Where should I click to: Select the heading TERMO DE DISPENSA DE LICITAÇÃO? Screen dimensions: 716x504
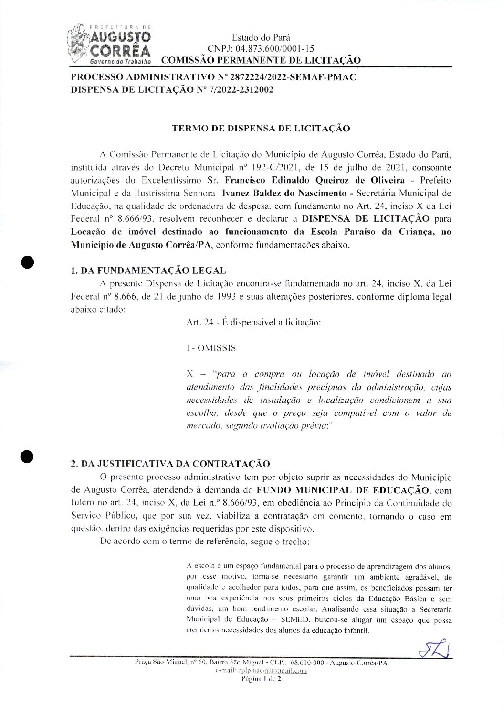click(x=261, y=129)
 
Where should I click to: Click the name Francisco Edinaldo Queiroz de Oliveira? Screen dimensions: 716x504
click(x=315, y=180)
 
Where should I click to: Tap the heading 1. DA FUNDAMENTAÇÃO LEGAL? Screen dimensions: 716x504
click(x=148, y=271)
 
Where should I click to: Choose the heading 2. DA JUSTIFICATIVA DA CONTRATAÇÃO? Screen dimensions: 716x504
click(x=170, y=464)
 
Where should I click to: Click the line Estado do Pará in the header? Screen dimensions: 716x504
click(x=261, y=37)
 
